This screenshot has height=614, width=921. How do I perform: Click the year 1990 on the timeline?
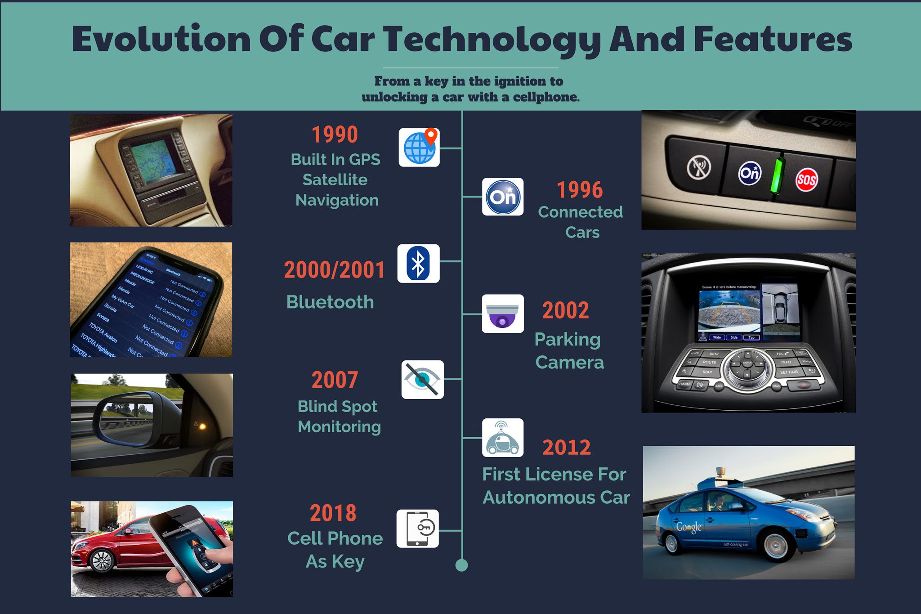coord(335,134)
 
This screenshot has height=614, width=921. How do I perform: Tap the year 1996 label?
coord(580,190)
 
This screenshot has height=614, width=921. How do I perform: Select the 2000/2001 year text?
coord(334,270)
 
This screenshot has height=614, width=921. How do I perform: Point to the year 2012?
coord(566,447)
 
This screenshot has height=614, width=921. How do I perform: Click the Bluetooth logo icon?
coord(418,264)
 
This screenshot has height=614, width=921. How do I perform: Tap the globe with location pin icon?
coord(419,147)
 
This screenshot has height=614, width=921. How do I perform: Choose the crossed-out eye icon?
coord(422,380)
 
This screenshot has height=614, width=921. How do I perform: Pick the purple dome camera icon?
coord(502,314)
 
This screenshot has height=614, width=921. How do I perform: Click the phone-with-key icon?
coord(417,529)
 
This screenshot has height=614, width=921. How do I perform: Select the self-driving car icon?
coord(502,438)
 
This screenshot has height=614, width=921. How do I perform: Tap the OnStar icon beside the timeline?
coord(503,197)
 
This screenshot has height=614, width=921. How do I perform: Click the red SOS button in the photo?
coord(806,180)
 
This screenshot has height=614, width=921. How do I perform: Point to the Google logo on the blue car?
coord(689,527)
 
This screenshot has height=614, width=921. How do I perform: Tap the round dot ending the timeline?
coord(462,565)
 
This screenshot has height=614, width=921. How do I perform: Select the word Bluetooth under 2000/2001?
coord(330,302)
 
